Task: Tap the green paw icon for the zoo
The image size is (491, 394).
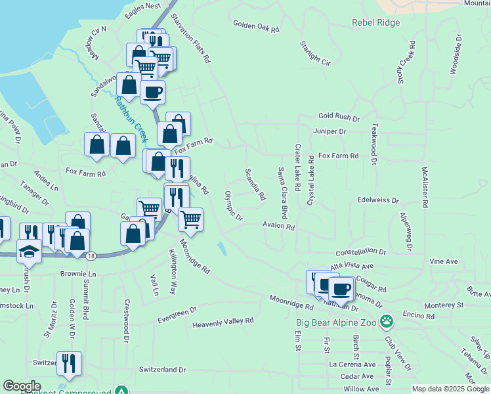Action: [x=388, y=321]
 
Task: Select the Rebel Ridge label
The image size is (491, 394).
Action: [x=375, y=22]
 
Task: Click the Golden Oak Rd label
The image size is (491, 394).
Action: [x=256, y=26]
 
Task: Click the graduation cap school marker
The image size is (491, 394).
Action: [x=29, y=250]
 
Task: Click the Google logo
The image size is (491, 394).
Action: [x=22, y=386]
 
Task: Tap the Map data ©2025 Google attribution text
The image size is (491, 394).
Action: [x=450, y=389]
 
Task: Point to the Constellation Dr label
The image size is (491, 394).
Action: [x=360, y=252]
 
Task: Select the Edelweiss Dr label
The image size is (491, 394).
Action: [x=378, y=200]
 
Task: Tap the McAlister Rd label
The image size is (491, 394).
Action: [x=425, y=187]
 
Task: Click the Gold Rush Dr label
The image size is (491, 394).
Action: [x=339, y=117]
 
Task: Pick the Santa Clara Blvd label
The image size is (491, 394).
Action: [x=283, y=193]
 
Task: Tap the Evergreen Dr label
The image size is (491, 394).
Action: [x=177, y=315]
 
